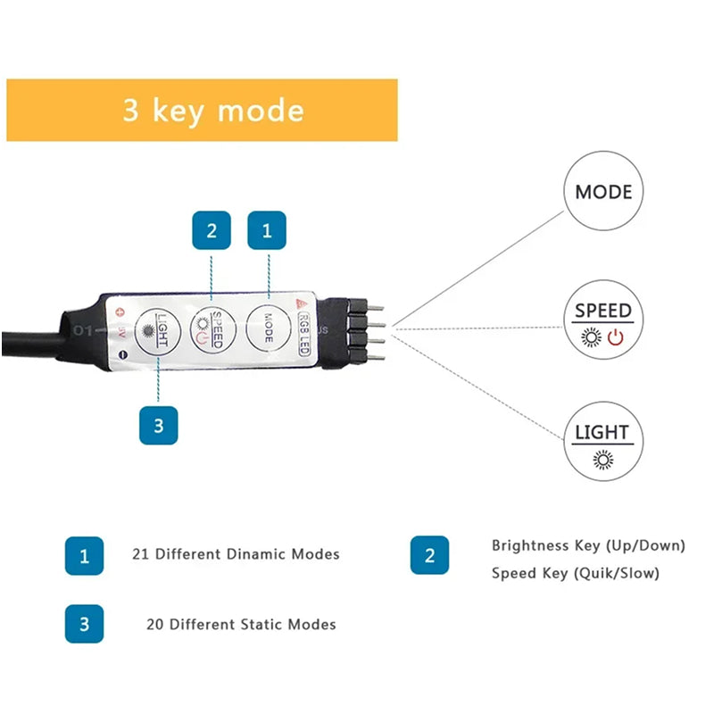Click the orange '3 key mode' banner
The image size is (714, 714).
pyautogui.click(x=202, y=110)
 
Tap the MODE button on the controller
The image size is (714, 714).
pyautogui.click(x=266, y=328)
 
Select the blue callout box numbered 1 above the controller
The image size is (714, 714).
pyautogui.click(x=266, y=230)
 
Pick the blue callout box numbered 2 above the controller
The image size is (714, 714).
pyautogui.click(x=212, y=230)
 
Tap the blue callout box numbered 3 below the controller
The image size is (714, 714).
pyautogui.click(x=159, y=425)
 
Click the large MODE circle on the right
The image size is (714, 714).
pyautogui.click(x=602, y=191)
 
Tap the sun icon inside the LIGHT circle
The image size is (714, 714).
pyautogui.click(x=603, y=460)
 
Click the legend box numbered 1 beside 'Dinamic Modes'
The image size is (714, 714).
pyautogui.click(x=85, y=555)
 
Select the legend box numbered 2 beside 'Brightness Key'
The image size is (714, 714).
pyautogui.click(x=429, y=555)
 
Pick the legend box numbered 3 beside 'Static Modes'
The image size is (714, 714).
pyautogui.click(x=85, y=624)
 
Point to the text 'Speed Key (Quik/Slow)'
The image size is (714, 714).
pyautogui.click(x=576, y=573)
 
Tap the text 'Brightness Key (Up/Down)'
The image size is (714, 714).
pyautogui.click(x=588, y=545)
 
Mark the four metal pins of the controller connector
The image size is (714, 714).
pyautogui.click(x=374, y=328)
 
